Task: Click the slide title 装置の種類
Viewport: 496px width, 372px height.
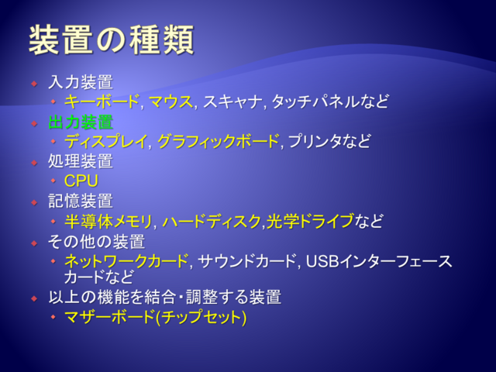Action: (112, 40)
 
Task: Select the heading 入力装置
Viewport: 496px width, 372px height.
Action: (81, 82)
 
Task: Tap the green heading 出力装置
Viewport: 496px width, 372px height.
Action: (81, 122)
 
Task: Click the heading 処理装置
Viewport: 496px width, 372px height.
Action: (81, 161)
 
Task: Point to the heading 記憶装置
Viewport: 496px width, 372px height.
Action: (81, 201)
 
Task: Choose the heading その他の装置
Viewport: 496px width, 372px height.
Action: (96, 242)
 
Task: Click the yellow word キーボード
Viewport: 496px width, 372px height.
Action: (102, 102)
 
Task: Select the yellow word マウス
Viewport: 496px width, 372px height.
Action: (170, 102)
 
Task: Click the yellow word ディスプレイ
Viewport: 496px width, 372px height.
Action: (106, 141)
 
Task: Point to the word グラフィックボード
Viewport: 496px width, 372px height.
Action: (219, 141)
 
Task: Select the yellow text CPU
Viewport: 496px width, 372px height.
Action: (81, 181)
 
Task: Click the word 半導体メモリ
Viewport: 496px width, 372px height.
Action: (108, 221)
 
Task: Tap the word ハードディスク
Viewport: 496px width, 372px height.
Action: (212, 221)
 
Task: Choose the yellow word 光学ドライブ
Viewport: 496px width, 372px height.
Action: (310, 221)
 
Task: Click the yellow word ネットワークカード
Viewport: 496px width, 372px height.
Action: (126, 261)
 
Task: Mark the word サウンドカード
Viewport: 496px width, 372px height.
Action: (246, 261)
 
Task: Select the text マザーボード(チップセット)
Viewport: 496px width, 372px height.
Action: (155, 317)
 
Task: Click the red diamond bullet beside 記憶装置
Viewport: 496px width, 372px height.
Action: (34, 202)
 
